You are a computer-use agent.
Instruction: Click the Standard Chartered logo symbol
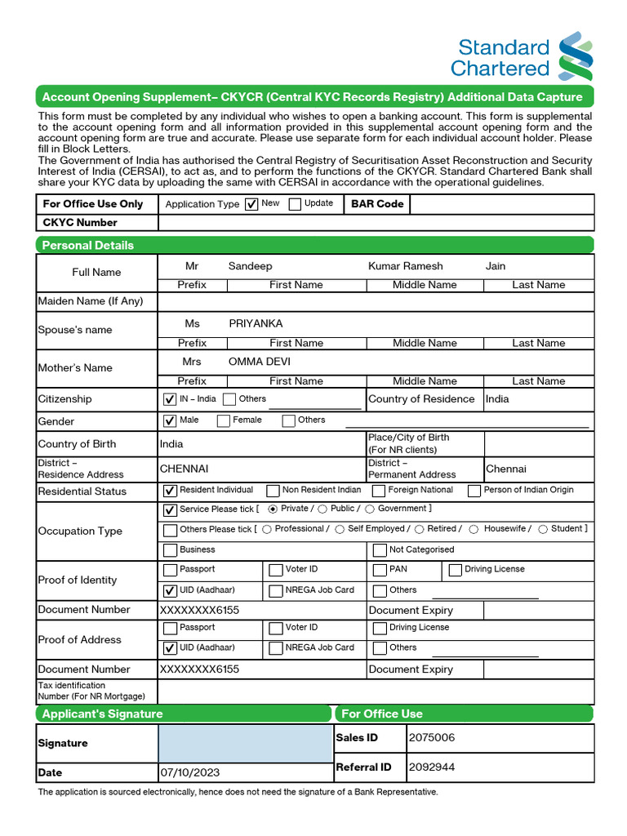point(576,56)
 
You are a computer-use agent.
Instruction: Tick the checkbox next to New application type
point(251,204)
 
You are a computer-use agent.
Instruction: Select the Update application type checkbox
point(295,204)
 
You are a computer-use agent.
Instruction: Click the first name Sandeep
point(250,266)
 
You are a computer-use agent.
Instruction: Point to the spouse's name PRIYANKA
point(256,323)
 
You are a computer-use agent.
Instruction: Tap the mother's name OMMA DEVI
point(260,362)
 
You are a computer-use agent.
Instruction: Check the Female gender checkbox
point(224,421)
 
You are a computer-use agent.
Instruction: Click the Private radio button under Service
point(273,509)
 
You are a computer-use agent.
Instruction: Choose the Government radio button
point(370,509)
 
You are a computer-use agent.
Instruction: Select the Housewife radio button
point(474,530)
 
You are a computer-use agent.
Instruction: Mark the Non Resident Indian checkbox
point(273,491)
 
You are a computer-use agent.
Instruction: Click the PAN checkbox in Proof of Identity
point(380,570)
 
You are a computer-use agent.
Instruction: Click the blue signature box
point(245,743)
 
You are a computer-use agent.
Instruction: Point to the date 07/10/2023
point(189,772)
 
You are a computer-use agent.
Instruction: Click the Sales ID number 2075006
point(432,738)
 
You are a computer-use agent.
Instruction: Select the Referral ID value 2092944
point(432,767)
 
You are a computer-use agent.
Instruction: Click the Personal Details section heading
point(88,245)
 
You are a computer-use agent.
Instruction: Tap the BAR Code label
point(377,203)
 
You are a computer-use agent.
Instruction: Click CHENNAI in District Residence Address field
point(185,469)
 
